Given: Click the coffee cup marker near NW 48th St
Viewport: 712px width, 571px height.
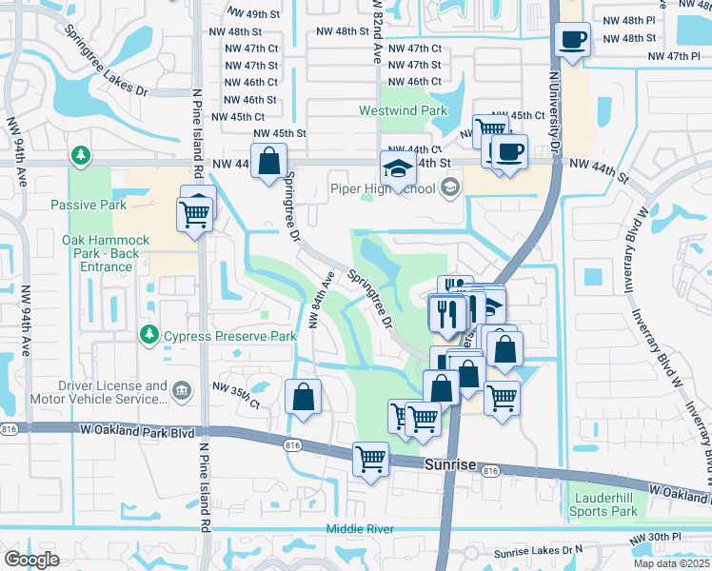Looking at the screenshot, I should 573,40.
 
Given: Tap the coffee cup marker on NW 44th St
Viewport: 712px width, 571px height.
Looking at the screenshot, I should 509,152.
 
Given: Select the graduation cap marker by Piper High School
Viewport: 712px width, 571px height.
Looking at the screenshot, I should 398,169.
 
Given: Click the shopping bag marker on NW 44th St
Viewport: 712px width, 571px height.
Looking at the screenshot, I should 268,162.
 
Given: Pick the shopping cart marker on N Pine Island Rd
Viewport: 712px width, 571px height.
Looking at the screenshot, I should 195,214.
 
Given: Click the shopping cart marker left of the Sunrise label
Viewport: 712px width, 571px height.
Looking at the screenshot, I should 370,460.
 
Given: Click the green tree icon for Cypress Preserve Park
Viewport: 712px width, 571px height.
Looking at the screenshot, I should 149,334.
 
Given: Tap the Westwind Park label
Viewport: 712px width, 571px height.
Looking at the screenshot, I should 403,110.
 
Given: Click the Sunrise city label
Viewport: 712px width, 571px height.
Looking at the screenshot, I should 447,462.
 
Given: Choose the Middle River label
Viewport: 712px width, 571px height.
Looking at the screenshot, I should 358,528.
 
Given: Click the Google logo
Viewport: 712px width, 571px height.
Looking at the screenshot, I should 31,560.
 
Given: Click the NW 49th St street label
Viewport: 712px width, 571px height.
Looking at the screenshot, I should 251,14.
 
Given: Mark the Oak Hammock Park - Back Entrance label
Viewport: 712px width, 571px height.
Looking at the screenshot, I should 106,253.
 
